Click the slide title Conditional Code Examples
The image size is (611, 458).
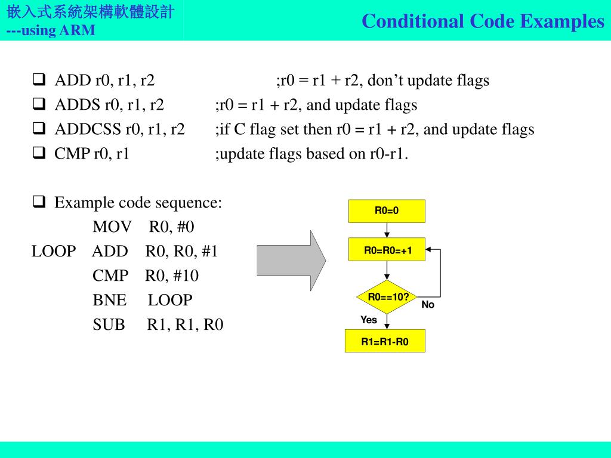pyautogui.click(x=483, y=21)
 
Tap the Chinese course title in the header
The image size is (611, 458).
pyautogui.click(x=91, y=12)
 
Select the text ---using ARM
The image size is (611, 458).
pyautogui.click(x=51, y=30)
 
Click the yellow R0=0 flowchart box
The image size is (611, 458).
pyautogui.click(x=387, y=211)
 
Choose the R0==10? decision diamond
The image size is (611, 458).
pyautogui.click(x=388, y=297)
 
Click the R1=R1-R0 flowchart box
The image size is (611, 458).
pyautogui.click(x=385, y=342)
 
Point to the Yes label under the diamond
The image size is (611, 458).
pyautogui.click(x=369, y=320)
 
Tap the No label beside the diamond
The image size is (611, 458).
pyautogui.click(x=428, y=305)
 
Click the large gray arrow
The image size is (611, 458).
pyautogui.click(x=291, y=261)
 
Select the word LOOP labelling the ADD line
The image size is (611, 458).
pyautogui.click(x=54, y=252)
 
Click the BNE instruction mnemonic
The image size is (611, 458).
pyautogui.click(x=110, y=300)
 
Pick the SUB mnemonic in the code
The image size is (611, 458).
pyautogui.click(x=109, y=324)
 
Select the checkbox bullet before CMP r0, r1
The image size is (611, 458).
pyautogui.click(x=39, y=154)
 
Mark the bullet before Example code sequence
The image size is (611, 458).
pyautogui.click(x=39, y=203)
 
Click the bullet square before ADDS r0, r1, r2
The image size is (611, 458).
pyautogui.click(x=39, y=105)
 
